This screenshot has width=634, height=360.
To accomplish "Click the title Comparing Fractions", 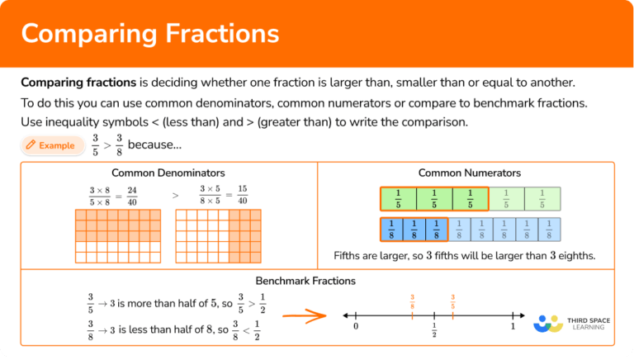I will pyautogui.click(x=150, y=34).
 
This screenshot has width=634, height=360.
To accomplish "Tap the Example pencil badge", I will pyautogui.click(x=53, y=145).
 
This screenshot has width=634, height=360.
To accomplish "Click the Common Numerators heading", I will pyautogui.click(x=469, y=173).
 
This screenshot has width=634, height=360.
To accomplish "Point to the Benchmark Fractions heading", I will pyautogui.click(x=305, y=281).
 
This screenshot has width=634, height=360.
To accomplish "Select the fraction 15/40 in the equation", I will pyautogui.click(x=242, y=196).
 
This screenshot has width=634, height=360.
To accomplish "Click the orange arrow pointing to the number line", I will pyautogui.click(x=301, y=315).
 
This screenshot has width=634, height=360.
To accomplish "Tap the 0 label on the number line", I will pyautogui.click(x=356, y=327).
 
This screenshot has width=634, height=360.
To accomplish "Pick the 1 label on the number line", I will pyautogui.click(x=513, y=327).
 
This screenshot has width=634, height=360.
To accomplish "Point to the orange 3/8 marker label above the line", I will pyautogui.click(x=412, y=301).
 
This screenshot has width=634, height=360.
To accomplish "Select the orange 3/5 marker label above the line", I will pyautogui.click(x=452, y=301).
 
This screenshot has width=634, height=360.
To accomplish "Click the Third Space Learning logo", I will pyautogui.click(x=570, y=321).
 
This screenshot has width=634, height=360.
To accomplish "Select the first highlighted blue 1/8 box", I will pyautogui.click(x=391, y=229).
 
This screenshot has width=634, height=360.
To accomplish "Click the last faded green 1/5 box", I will pyautogui.click(x=542, y=199).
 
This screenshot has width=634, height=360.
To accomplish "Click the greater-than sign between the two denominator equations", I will pyautogui.click(x=175, y=196).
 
